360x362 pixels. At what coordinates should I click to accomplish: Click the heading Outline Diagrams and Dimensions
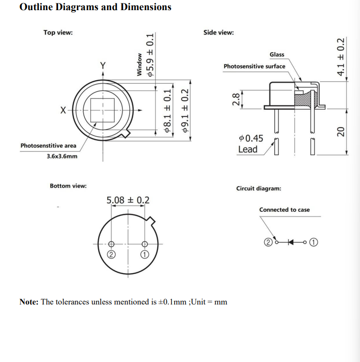(x=95, y=7)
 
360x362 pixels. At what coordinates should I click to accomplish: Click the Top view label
(x=58, y=32)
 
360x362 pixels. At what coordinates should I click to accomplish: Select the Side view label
(x=219, y=32)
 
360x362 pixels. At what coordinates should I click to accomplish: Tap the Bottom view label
(x=68, y=186)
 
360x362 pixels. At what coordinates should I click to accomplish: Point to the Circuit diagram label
(x=258, y=188)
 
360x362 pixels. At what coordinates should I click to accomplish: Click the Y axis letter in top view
(x=103, y=65)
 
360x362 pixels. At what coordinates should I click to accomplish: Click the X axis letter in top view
(x=63, y=110)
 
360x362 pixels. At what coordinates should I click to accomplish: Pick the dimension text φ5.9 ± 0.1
(x=150, y=56)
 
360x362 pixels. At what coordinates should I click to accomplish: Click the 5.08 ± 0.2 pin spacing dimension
(x=128, y=200)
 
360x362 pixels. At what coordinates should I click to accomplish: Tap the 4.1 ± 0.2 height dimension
(x=341, y=57)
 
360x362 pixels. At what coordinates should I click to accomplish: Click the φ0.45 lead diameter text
(x=251, y=138)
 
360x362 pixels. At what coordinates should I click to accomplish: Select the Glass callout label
(x=277, y=55)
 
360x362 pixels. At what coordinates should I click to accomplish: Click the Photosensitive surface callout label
(x=255, y=66)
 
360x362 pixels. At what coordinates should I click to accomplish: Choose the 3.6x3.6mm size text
(x=62, y=156)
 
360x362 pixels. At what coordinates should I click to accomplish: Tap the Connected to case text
(x=285, y=209)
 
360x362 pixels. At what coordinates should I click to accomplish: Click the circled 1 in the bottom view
(x=144, y=255)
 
